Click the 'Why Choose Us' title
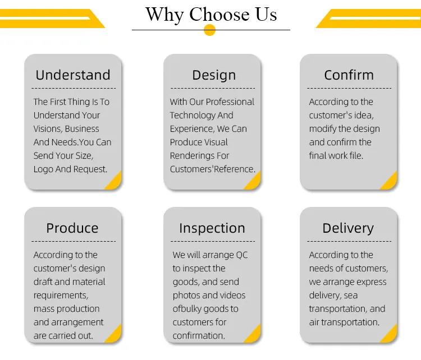click(x=211, y=14)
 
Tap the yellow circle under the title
click(x=210, y=30)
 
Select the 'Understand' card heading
click(x=73, y=75)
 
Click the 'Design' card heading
click(x=214, y=75)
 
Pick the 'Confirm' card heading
click(x=349, y=75)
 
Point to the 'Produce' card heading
click(x=72, y=228)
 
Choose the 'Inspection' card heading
click(x=212, y=228)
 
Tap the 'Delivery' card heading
click(x=348, y=228)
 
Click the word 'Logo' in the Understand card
click(x=43, y=169)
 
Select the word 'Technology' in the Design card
click(x=193, y=116)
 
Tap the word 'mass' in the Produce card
click(x=44, y=309)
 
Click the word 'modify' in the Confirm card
click(x=324, y=129)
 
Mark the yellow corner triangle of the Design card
click(x=254, y=182)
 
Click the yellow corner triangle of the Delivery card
click(x=390, y=335)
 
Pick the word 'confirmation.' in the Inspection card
click(x=199, y=336)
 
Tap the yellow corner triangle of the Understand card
click(x=115, y=182)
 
